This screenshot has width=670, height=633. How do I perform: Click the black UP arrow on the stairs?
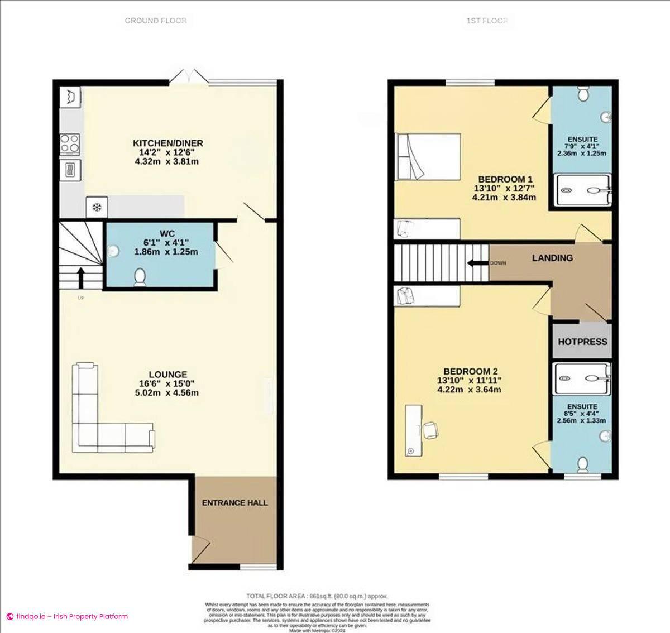[x=80, y=277]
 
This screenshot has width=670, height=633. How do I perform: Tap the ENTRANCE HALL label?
[x=234, y=503]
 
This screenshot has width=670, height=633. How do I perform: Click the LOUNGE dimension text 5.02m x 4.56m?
[x=166, y=392]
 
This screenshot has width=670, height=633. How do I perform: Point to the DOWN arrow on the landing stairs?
[x=477, y=263]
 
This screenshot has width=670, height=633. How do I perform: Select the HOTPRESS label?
[x=582, y=342]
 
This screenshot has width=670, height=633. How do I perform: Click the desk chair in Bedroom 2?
[x=431, y=430]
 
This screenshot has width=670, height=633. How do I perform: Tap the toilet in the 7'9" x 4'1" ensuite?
[x=583, y=94]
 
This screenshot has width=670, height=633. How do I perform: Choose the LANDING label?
[x=552, y=258]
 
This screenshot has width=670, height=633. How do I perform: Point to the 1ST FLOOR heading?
[x=487, y=21]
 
